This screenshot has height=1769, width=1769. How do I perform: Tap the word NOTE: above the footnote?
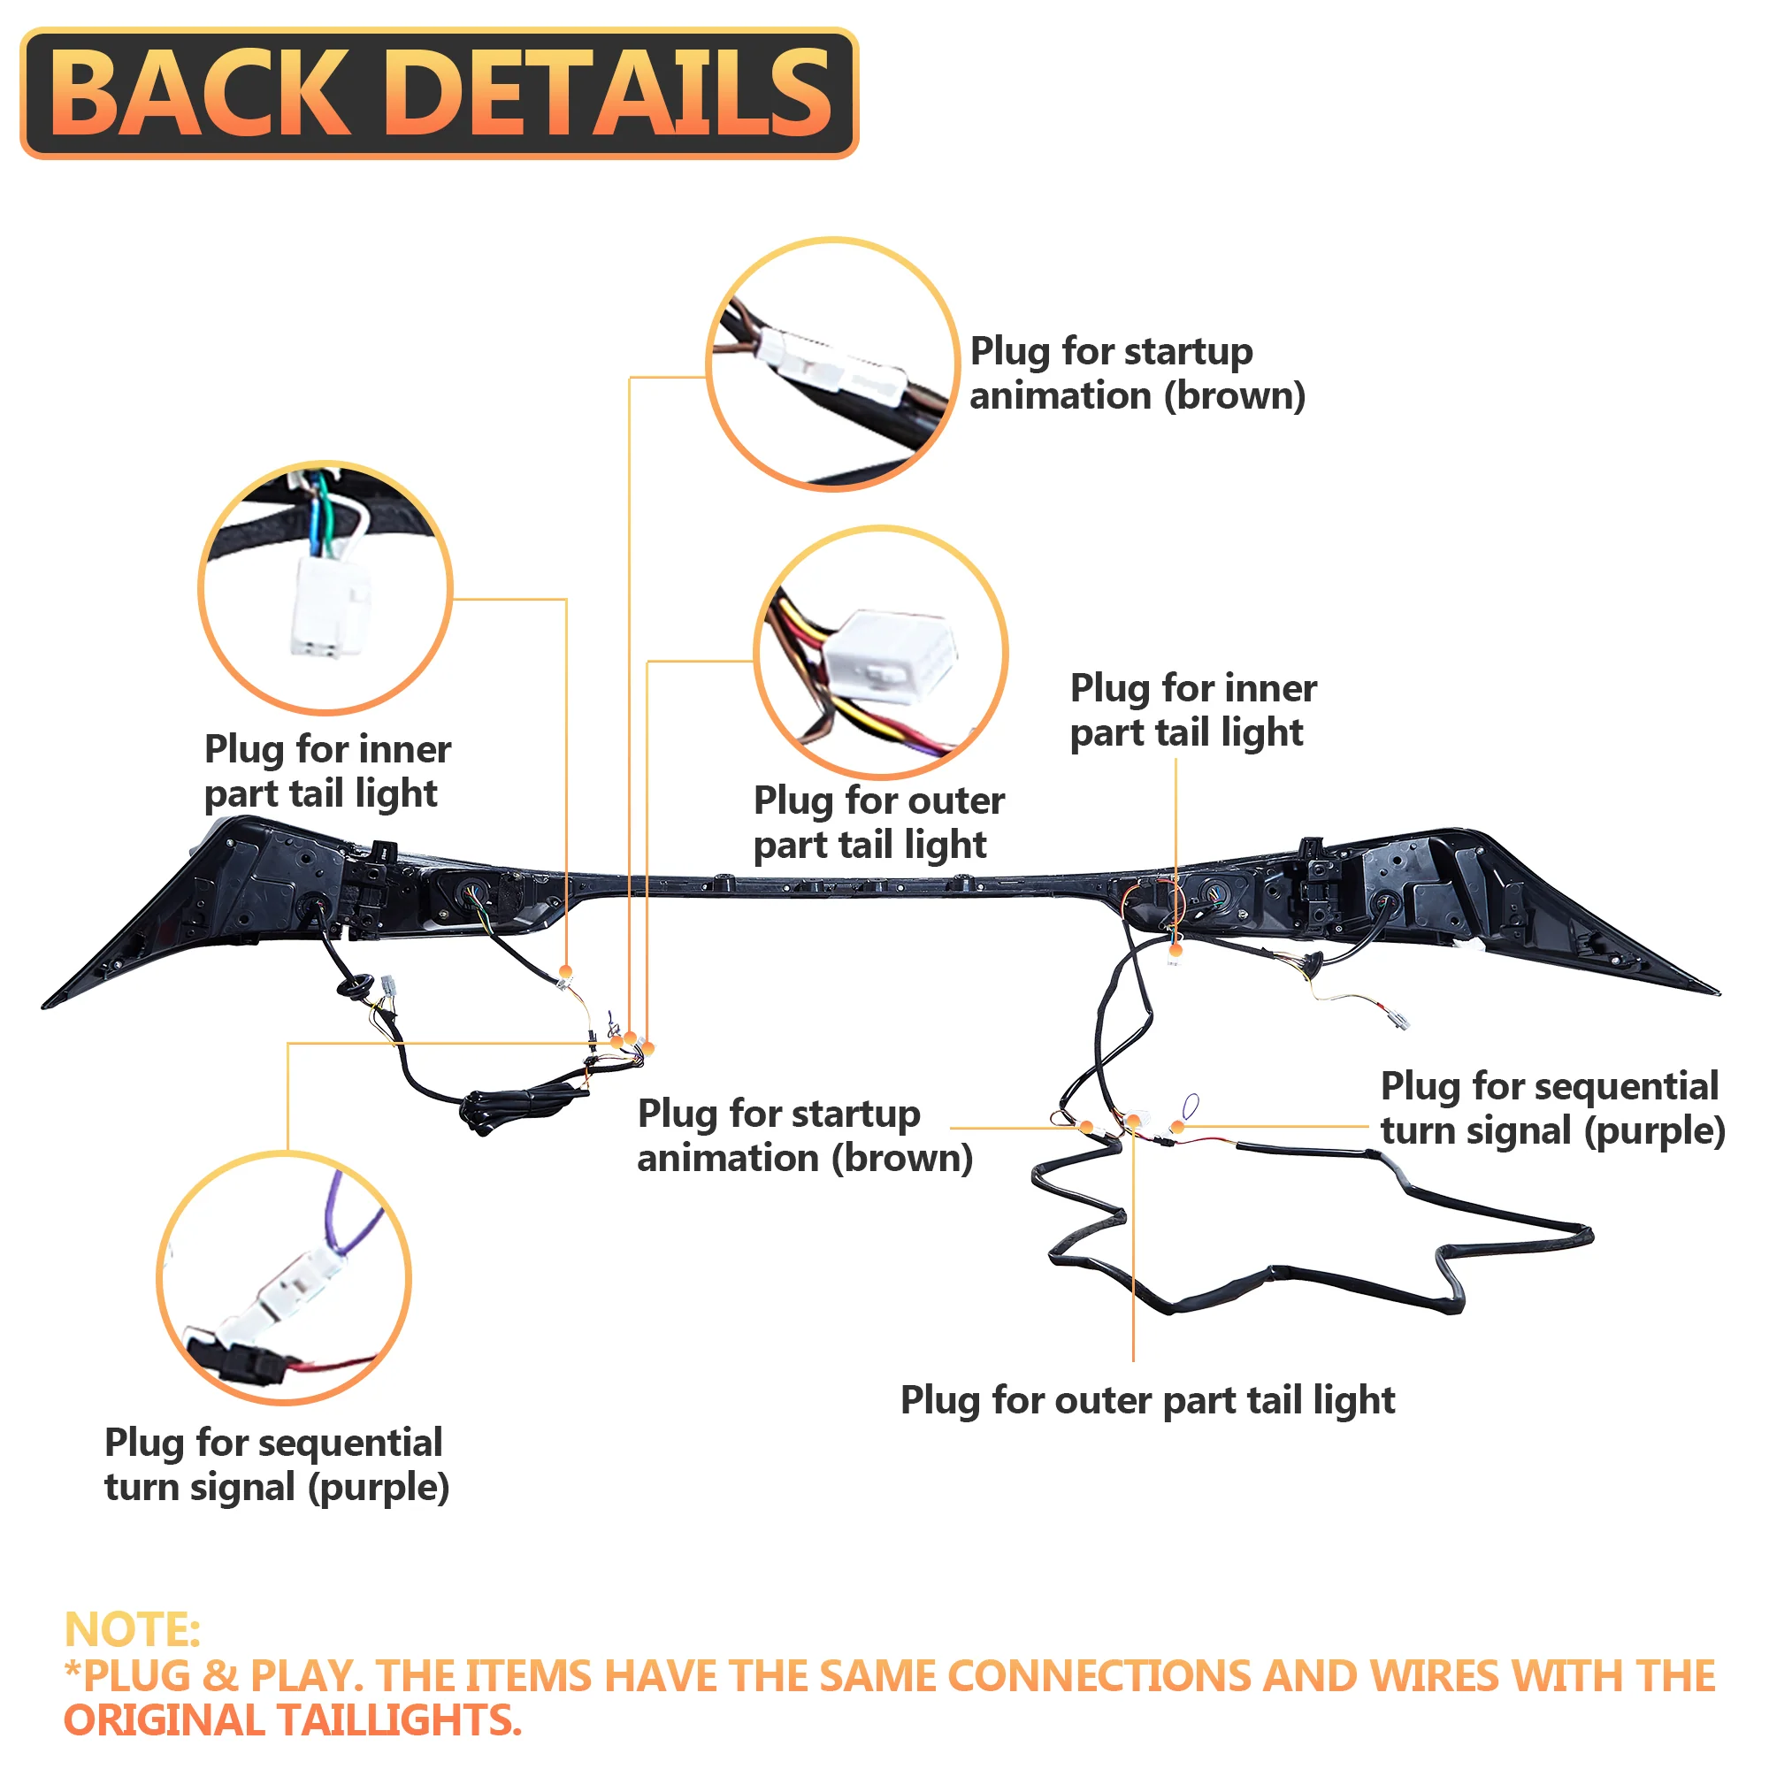point(132,1631)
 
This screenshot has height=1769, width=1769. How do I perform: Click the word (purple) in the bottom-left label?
point(379,1488)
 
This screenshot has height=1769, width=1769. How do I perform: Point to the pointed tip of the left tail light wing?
point(46,1006)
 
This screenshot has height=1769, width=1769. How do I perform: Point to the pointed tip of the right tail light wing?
point(1716,992)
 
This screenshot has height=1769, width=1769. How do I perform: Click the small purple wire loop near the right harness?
point(1191,1107)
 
